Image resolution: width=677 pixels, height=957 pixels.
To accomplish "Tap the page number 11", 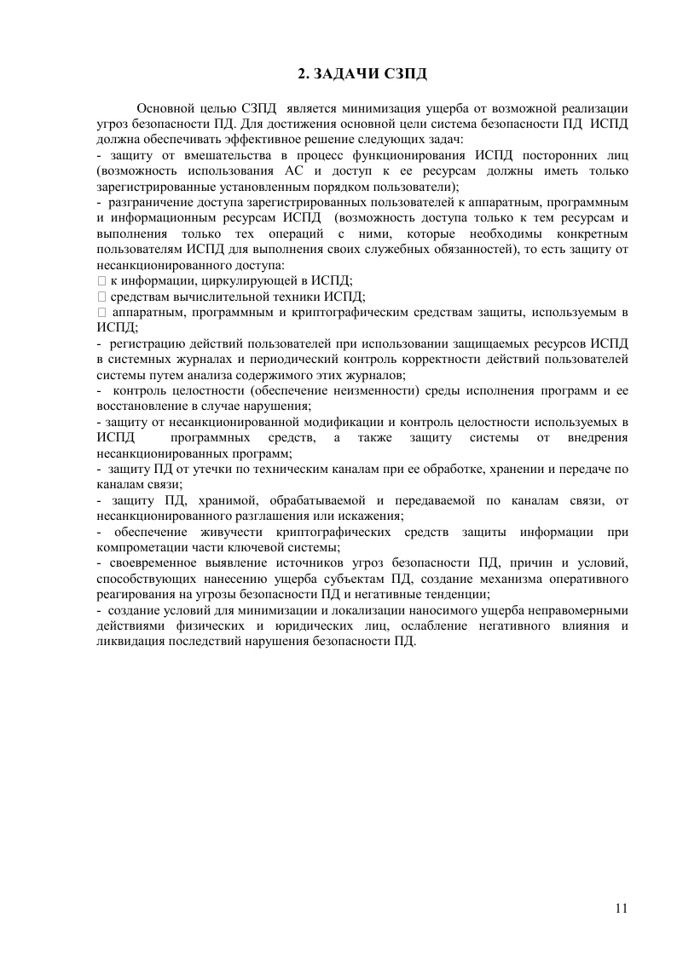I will (621, 907).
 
